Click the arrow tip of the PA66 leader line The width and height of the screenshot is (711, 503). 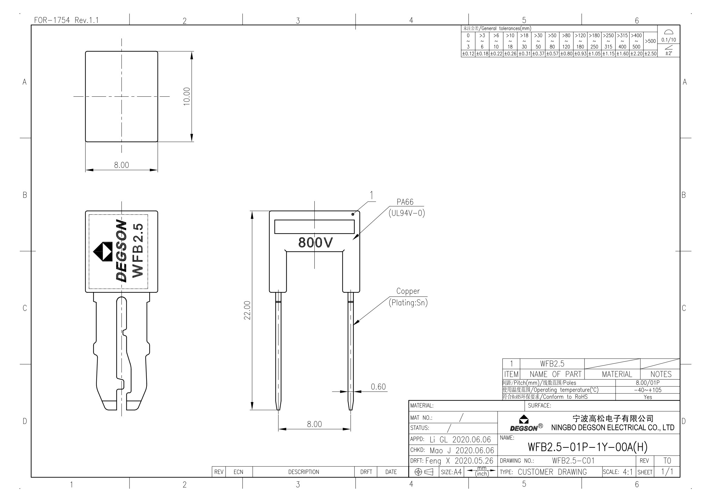(x=353, y=240)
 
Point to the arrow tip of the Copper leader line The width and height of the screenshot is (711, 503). (x=353, y=325)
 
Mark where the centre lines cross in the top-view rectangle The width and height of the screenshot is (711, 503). (x=121, y=96)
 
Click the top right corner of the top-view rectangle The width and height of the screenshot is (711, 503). (x=158, y=51)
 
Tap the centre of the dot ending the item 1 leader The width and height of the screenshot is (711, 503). (x=353, y=214)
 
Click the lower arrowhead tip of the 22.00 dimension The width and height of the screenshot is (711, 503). (x=252, y=410)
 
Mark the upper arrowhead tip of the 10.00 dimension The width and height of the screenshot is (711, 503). (x=192, y=51)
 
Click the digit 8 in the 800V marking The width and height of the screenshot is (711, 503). (x=302, y=242)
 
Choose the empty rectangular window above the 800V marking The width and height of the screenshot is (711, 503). (x=314, y=227)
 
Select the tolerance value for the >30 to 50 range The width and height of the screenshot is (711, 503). (x=538, y=54)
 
